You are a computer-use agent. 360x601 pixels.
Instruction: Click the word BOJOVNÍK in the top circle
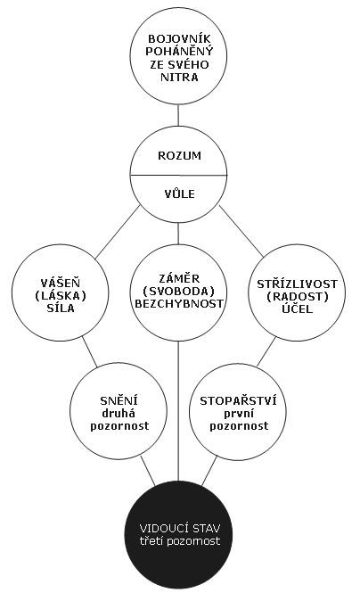pyautogui.click(x=179, y=38)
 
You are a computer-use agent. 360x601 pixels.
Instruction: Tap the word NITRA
pyautogui.click(x=179, y=77)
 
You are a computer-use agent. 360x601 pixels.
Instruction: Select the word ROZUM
pyautogui.click(x=179, y=156)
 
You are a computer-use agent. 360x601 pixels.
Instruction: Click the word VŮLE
pyautogui.click(x=179, y=193)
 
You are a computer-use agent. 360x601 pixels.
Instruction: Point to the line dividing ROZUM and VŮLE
pyautogui.click(x=179, y=175)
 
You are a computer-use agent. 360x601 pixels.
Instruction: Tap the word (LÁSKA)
pyautogui.click(x=60, y=296)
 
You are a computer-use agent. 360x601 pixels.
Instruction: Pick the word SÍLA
pyautogui.click(x=60, y=308)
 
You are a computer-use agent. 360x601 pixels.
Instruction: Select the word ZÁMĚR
pyautogui.click(x=179, y=277)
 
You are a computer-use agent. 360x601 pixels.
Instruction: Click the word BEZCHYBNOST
pyautogui.click(x=179, y=303)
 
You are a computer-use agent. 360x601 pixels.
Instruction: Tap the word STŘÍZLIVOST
pyautogui.click(x=297, y=284)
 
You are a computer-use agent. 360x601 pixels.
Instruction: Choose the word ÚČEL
pyautogui.click(x=297, y=309)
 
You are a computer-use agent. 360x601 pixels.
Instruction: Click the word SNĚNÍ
pyautogui.click(x=119, y=400)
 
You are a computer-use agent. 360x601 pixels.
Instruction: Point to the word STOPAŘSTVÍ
pyautogui.click(x=238, y=400)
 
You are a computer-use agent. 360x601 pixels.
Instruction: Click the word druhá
pyautogui.click(x=119, y=413)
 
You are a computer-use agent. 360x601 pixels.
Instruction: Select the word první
pyautogui.click(x=238, y=414)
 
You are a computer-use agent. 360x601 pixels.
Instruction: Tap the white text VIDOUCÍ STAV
pyautogui.click(x=179, y=528)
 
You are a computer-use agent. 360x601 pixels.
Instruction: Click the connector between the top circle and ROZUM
pyautogui.click(x=178, y=115)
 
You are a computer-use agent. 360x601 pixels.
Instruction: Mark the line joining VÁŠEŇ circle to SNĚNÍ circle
pyautogui.click(x=90, y=351)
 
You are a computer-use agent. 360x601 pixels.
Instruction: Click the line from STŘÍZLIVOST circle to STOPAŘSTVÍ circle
pyautogui.click(x=266, y=351)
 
